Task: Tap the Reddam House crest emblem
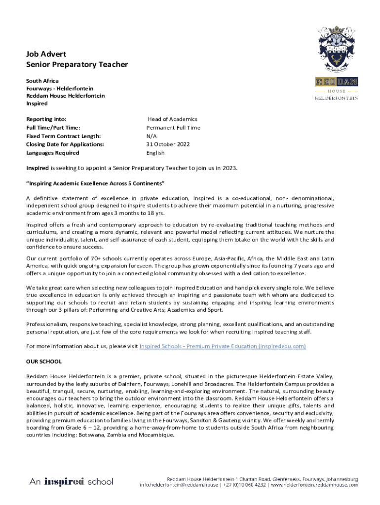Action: pos(337,50)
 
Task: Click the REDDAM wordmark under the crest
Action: pos(337,82)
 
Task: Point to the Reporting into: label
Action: pos(46,119)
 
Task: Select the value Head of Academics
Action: pos(172,119)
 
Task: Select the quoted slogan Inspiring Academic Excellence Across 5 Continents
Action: pos(95,183)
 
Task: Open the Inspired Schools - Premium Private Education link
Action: pos(223,346)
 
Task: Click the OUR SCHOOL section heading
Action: pos(44,361)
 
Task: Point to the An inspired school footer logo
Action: pos(71,481)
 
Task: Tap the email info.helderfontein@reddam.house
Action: pos(178,485)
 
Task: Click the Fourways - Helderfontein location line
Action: pos(59,88)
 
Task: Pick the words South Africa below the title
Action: pos(42,80)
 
